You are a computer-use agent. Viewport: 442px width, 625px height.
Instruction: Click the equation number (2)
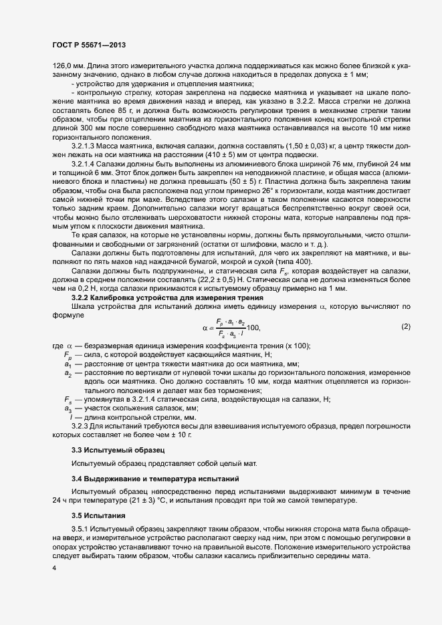point(405,327)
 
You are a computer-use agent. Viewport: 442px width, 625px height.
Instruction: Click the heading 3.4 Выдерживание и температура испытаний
point(152,481)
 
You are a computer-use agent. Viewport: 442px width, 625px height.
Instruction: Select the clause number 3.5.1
point(83,529)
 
